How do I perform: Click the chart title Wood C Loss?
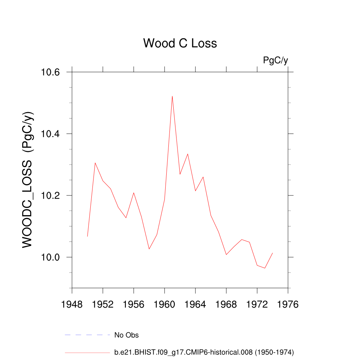coord(180,43)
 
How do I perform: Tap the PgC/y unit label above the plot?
coord(275,60)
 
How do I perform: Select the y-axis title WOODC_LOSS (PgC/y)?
coord(28,180)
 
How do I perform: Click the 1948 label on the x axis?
coord(72,304)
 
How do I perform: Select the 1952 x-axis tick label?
coord(103,304)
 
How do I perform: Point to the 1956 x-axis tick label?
coord(134,304)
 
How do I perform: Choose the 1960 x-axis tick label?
coord(165,304)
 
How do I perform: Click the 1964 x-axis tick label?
coord(195,304)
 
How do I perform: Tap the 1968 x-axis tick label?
coord(226,304)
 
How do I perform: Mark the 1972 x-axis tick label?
coord(257,304)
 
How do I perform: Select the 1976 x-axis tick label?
coord(288,304)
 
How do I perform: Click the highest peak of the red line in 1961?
coord(172,96)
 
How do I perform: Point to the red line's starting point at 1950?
coord(88,236)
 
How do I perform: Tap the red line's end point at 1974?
coord(272,253)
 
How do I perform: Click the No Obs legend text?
coord(127,335)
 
